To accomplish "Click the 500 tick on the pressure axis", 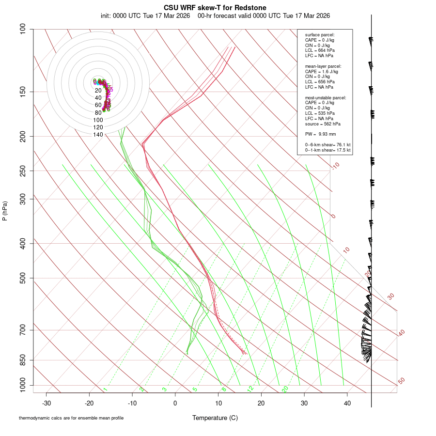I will click(x=23, y=278).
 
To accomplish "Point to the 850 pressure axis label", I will click(x=23, y=360).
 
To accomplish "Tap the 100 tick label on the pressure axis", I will click(x=23, y=29).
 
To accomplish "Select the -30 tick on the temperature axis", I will click(x=47, y=403).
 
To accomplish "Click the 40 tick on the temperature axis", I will click(x=347, y=403).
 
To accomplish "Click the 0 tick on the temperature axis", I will click(x=175, y=403).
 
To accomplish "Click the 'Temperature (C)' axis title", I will click(x=215, y=418).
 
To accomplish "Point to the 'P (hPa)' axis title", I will click(x=5, y=211).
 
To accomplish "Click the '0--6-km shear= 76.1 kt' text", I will click(x=327, y=145).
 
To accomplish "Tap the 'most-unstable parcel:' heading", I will click(x=326, y=98).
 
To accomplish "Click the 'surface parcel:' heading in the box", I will click(x=320, y=35).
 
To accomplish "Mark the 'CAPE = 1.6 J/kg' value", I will click(x=322, y=72).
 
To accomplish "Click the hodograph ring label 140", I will click(x=98, y=135).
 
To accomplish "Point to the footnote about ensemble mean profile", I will click(x=71, y=418).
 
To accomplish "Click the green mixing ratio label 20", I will click(x=285, y=389).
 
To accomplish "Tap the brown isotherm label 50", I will click(x=401, y=381).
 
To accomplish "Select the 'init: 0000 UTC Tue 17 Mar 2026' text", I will click(x=145, y=16).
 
